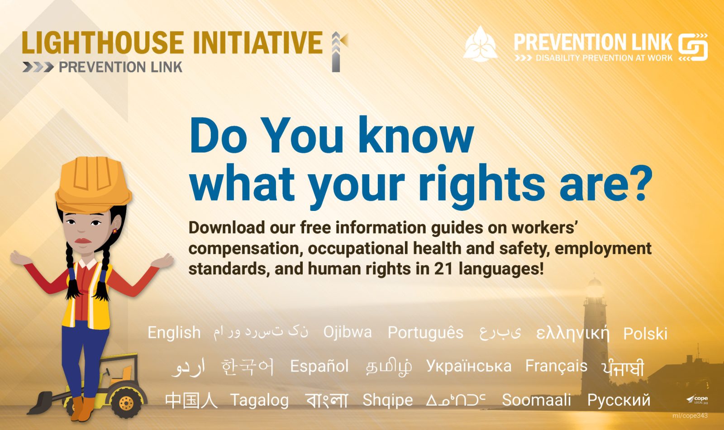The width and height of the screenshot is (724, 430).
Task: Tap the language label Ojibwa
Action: [348, 332]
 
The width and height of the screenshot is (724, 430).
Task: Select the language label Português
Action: [425, 332]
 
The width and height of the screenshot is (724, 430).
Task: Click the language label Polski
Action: [645, 333]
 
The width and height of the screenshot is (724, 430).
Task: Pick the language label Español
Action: [319, 366]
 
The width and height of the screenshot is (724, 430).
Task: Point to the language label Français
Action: [556, 366]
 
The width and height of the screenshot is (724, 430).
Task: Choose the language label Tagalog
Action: [260, 401]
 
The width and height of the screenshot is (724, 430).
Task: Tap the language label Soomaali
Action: [536, 400]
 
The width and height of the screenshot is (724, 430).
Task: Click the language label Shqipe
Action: [387, 401]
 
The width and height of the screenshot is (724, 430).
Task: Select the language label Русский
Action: [619, 401]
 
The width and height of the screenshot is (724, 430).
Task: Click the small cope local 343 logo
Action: [697, 399]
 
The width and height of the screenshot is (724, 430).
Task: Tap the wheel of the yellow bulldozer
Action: [126, 402]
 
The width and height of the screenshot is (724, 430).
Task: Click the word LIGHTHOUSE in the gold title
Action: [103, 43]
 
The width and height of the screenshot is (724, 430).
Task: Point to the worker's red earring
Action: [114, 231]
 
